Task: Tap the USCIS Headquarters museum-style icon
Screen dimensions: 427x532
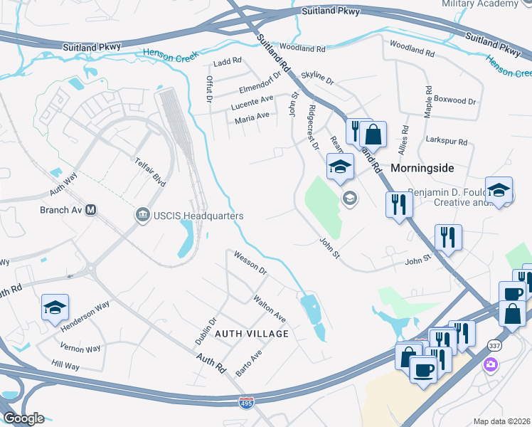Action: (x=142, y=215)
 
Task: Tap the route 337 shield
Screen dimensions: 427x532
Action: (x=494, y=344)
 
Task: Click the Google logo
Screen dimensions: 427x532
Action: (x=23, y=418)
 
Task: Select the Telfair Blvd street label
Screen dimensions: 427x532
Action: (x=150, y=172)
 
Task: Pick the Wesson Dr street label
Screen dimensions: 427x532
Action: (x=250, y=263)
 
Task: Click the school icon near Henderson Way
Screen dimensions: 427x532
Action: (x=55, y=307)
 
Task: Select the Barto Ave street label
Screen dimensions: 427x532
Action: (x=249, y=362)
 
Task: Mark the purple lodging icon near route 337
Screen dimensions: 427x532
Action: (x=491, y=365)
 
